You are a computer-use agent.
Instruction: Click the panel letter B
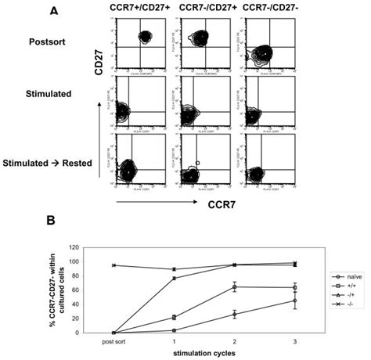[52, 222]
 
